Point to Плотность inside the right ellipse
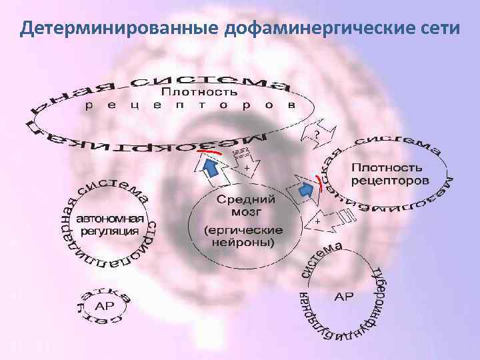pos(387,166)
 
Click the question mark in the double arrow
pos(317,135)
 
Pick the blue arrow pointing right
pos(306,191)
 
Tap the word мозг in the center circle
pos(241,212)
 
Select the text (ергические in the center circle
pos(243,229)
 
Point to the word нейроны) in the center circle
pos(243,243)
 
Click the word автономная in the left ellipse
pos(111,218)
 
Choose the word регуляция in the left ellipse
pos(110,231)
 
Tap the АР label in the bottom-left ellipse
pos(105,306)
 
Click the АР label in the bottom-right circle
pos(344,295)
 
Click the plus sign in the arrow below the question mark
pos(247,167)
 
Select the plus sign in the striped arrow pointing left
pos(318,219)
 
